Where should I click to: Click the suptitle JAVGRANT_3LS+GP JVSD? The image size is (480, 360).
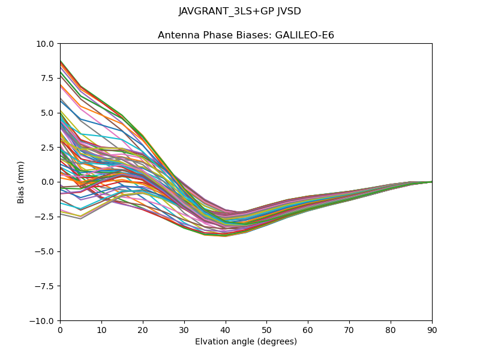tap(240, 11)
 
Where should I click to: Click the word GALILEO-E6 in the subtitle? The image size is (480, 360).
tap(304, 35)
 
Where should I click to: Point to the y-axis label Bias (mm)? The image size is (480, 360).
tap(21, 182)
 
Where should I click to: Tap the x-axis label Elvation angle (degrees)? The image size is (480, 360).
tap(246, 342)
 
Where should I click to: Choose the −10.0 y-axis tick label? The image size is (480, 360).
tap(43, 320)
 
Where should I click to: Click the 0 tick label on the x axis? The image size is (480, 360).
tap(60, 330)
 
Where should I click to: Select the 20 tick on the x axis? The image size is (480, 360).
tap(143, 330)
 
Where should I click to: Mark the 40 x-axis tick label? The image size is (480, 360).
tap(226, 330)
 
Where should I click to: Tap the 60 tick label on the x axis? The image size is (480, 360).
tap(308, 330)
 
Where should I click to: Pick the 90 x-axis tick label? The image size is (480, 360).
tap(432, 330)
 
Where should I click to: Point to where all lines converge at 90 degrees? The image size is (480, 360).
tap(432, 182)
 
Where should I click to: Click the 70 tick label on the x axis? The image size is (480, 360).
tap(349, 330)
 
